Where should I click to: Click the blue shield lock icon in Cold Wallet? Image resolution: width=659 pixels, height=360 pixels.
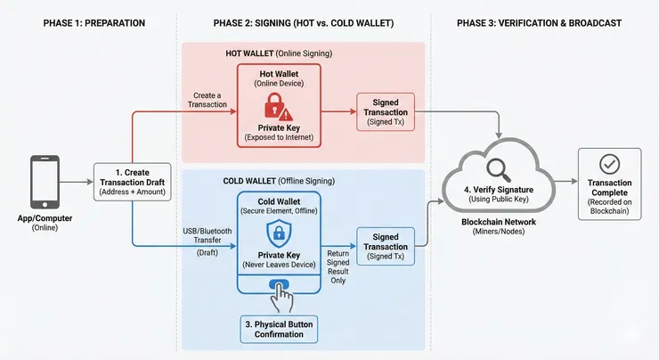[x=279, y=234]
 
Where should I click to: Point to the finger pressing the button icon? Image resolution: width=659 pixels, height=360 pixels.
[x=281, y=293]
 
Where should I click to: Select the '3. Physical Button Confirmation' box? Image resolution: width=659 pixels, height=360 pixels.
[x=279, y=326]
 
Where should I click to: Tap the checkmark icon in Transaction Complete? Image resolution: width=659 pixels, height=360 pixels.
[x=611, y=164]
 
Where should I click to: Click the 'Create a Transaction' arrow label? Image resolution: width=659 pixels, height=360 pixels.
[x=208, y=99]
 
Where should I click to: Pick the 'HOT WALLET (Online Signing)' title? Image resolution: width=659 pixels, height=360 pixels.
[x=279, y=53]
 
